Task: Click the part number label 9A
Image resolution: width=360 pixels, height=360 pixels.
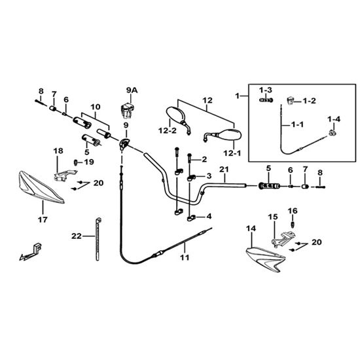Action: coord(132,90)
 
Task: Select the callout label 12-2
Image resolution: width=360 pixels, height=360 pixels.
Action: coord(168,131)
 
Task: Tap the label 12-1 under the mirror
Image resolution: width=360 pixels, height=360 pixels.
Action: coord(232,153)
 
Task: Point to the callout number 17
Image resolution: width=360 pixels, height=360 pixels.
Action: coord(43,220)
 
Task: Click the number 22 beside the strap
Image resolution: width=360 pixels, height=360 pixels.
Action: coord(77,236)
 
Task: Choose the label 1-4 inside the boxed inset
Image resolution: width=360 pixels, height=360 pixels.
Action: coord(334,119)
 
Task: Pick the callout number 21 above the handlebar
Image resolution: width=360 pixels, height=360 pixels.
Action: coord(224,170)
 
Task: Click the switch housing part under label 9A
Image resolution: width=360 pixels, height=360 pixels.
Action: coord(127,111)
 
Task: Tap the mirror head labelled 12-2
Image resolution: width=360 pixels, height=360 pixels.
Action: coord(175,117)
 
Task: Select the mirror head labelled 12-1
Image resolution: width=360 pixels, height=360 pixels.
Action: coord(230,135)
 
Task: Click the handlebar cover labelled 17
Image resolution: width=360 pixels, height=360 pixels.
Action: coord(41,187)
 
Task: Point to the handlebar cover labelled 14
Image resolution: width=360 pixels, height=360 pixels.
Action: coord(266,259)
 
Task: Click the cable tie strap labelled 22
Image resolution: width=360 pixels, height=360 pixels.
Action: coord(98,240)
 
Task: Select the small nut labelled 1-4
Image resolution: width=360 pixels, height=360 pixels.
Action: coord(333,133)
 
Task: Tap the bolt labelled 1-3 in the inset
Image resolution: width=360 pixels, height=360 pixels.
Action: coord(266,100)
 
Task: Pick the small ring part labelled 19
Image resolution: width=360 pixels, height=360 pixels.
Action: coord(75,162)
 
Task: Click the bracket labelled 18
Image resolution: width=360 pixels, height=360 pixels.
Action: coord(65,175)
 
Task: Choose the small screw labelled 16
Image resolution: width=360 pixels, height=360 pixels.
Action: coord(293,224)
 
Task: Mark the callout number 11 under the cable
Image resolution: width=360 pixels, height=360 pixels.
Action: coord(185,257)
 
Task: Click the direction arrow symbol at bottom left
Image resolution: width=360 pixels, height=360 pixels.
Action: coord(30,253)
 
